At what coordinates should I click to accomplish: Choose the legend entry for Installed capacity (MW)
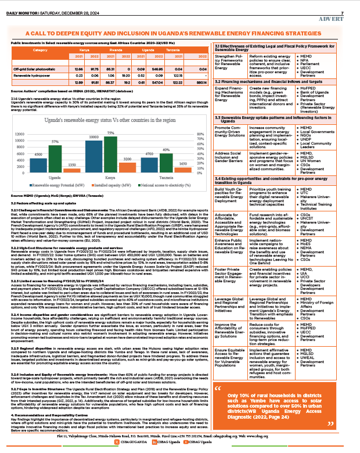[110, 185]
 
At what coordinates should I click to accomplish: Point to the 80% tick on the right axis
[201, 134]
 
